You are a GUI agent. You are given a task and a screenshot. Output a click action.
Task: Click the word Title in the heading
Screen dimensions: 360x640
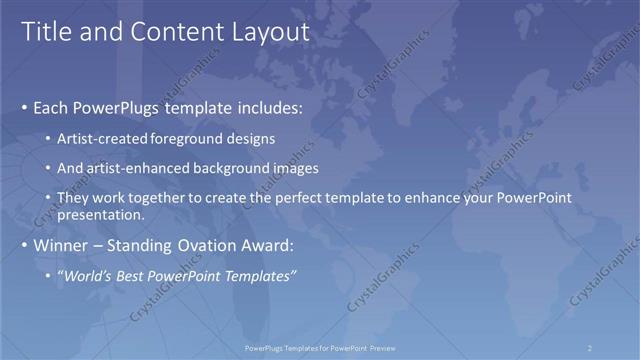44,32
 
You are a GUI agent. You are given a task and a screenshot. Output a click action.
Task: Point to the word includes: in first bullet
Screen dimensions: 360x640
265,107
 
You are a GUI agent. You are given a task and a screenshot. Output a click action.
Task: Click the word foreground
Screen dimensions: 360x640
190,138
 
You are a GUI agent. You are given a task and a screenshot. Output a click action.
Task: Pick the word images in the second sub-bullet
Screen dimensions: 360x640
290,169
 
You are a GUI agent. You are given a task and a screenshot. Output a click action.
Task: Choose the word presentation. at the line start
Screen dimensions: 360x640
103,214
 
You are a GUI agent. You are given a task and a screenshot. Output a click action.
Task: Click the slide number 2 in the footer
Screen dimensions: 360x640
589,348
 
